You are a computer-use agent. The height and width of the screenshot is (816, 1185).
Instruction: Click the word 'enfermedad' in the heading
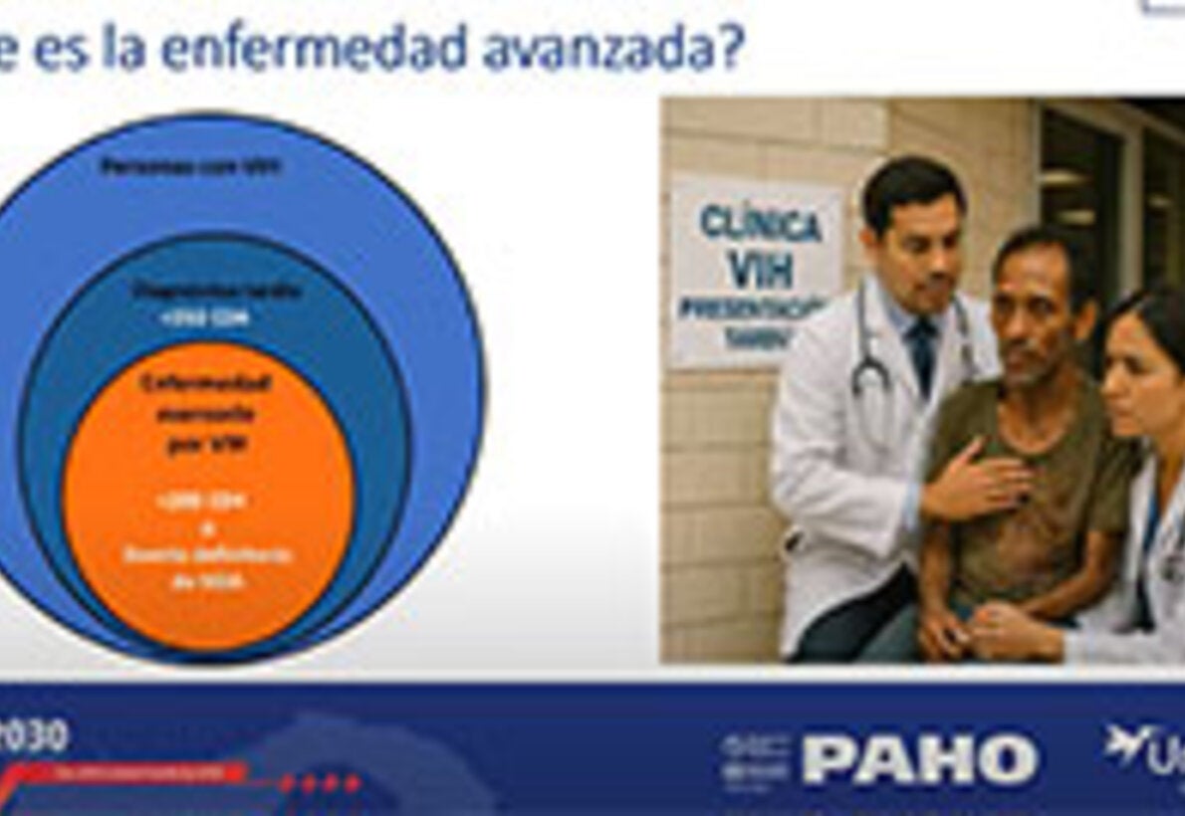[314, 50]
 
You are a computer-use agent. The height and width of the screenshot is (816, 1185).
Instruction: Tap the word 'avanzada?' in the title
[612, 50]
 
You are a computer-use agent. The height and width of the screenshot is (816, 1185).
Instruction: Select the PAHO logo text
[918, 761]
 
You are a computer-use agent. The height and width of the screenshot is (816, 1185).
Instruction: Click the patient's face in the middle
[1036, 313]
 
